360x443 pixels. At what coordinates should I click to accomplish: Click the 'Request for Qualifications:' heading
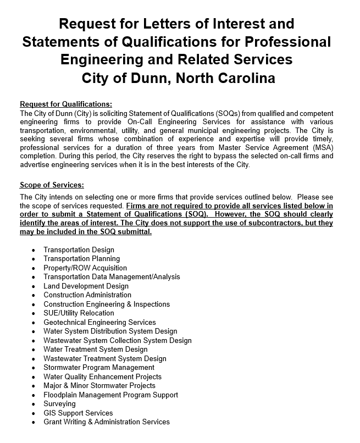coord(65,104)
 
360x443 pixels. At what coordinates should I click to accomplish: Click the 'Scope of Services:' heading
coord(52,185)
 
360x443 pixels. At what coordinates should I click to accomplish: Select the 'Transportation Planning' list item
coord(81,259)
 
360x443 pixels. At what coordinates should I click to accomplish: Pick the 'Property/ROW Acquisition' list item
coord(85,268)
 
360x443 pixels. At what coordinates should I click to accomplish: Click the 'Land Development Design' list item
coord(86,286)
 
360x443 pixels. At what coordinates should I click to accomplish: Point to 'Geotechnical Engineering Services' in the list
coord(99,322)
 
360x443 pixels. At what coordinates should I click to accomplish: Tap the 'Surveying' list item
coord(59,404)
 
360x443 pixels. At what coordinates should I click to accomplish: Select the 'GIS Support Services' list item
coord(78,413)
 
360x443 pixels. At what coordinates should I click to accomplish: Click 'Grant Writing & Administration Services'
coord(107,422)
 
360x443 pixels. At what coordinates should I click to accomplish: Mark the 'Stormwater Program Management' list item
coord(99,368)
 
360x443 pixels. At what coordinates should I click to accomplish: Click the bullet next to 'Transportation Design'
coord(34,250)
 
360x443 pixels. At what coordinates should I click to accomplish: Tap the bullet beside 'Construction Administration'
coord(34,295)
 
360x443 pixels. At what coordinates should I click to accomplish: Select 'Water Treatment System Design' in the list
coord(96,350)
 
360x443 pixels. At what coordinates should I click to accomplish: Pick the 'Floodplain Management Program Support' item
coord(110,395)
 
